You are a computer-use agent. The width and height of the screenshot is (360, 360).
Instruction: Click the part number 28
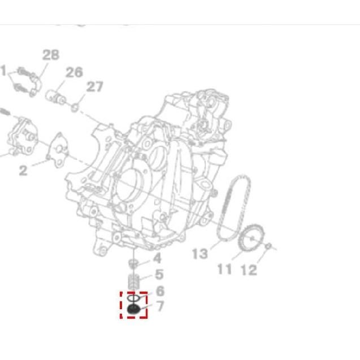[50, 55]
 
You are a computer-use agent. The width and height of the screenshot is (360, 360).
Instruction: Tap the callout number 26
[73, 72]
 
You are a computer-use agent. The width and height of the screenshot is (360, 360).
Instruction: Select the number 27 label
[95, 86]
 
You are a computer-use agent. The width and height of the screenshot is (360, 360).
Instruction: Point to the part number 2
[23, 170]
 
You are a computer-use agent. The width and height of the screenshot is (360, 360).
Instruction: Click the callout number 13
[199, 254]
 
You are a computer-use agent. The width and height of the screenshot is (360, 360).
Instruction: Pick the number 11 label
[225, 268]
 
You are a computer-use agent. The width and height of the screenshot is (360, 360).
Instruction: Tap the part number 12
[249, 270]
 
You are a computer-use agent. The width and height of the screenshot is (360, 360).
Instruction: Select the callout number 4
[157, 258]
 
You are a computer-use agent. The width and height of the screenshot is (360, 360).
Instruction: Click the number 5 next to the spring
[159, 275]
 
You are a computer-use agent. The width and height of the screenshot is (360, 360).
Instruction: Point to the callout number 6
[160, 291]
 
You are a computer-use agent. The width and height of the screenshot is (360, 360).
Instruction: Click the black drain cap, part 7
[134, 310]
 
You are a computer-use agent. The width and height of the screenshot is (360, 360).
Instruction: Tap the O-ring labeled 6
[133, 297]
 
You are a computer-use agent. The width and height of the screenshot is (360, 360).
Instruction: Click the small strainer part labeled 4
[134, 263]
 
